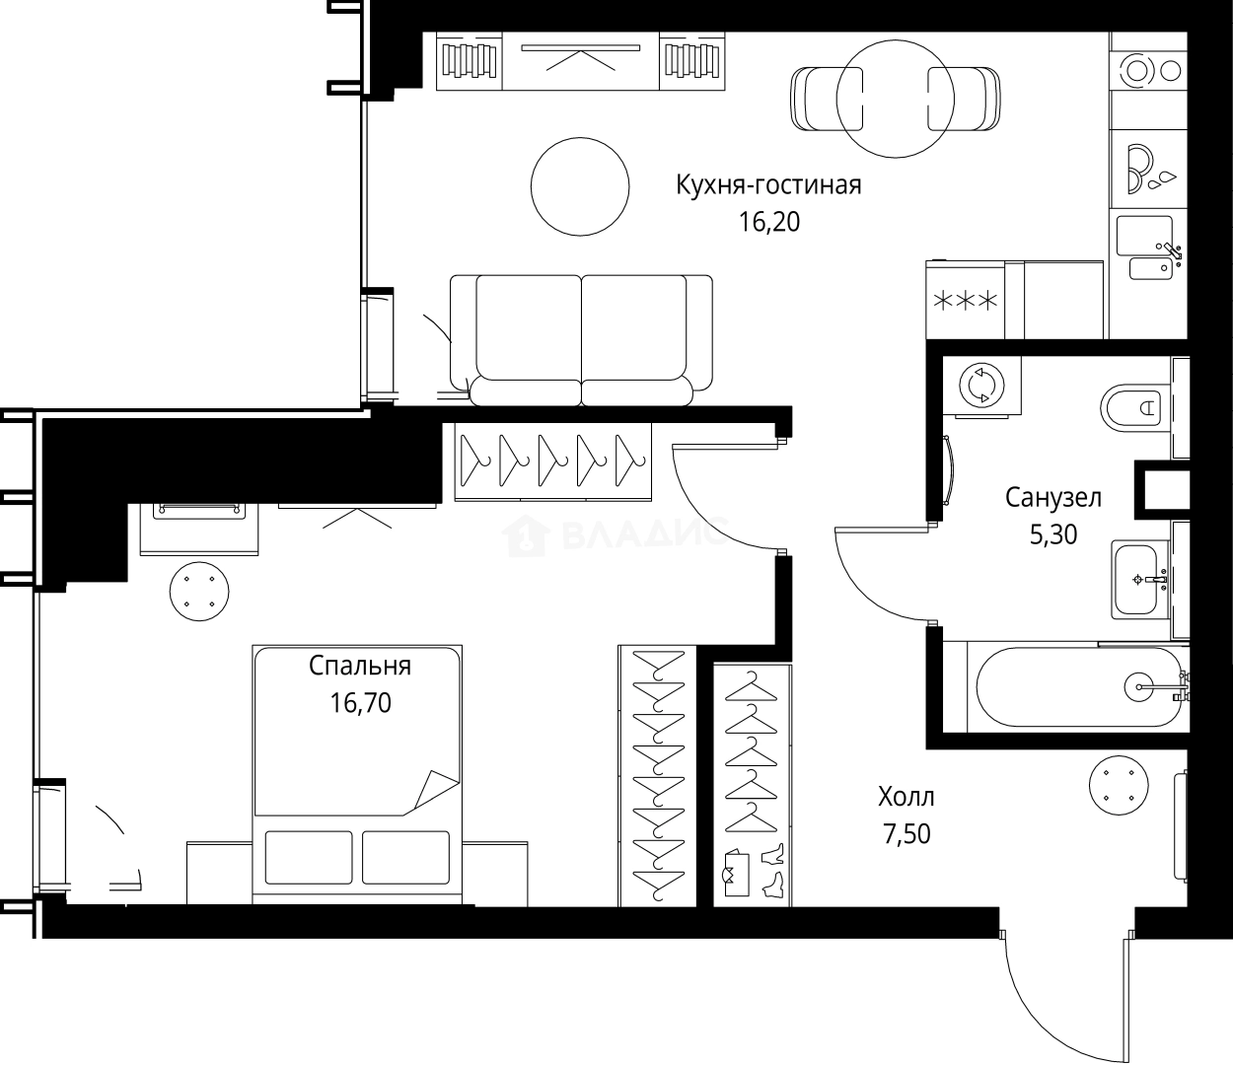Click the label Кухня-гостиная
[768, 185]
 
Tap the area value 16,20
[769, 222]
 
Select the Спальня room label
[360, 666]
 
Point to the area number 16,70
[360, 703]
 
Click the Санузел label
[1052, 497]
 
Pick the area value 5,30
[1052, 534]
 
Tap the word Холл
[906, 796]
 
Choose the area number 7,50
[906, 833]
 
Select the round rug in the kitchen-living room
[580, 186]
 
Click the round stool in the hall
[1119, 786]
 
